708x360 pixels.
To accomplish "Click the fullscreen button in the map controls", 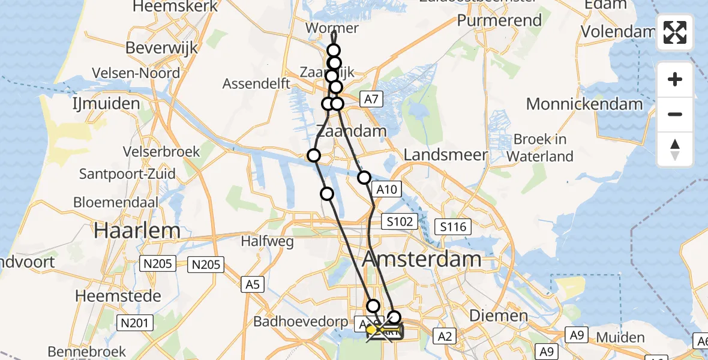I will [x=675, y=32].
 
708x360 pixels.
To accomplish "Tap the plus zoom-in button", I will [x=675, y=79].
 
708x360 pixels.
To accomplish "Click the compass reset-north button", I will [x=675, y=149].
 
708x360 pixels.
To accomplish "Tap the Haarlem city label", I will [x=138, y=231].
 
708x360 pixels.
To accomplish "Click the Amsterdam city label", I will [x=422, y=260].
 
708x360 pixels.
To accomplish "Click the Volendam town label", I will [x=618, y=31].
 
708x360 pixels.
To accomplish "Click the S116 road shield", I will [x=452, y=227].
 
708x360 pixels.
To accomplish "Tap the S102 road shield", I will [x=400, y=221].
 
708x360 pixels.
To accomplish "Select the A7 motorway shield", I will [x=371, y=99].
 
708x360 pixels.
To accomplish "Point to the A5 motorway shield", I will [x=253, y=284].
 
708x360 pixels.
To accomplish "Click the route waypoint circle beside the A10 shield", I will [x=364, y=178].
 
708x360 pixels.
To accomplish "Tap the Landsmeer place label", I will [x=445, y=155].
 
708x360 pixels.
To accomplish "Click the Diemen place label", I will [x=490, y=316].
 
